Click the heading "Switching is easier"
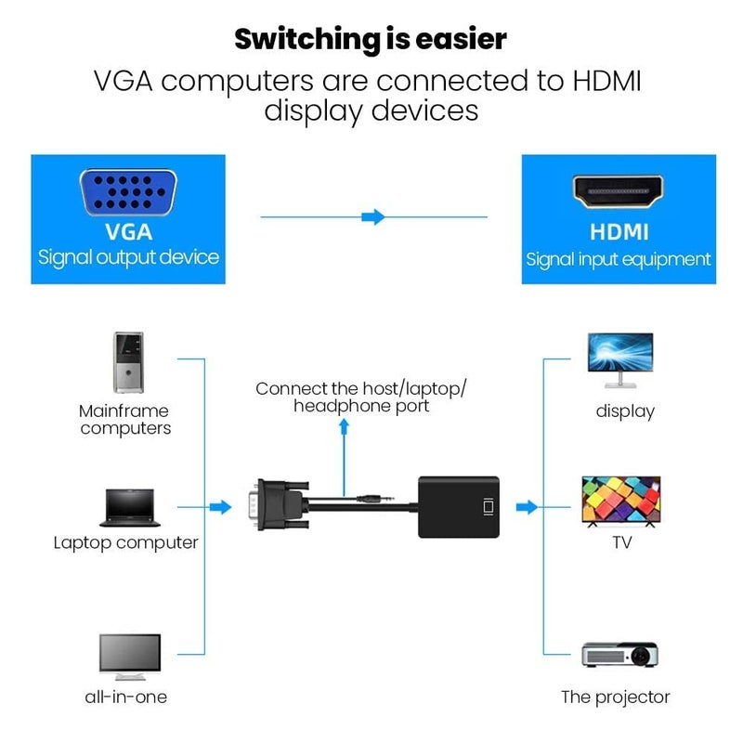(371, 39)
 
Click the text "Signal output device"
(128, 257)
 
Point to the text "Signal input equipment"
(619, 259)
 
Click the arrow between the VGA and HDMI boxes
(372, 217)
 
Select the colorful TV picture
(620, 502)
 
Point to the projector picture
(619, 655)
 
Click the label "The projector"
(615, 697)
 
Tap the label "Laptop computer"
(125, 542)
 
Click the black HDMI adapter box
(458, 507)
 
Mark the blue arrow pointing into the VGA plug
(220, 507)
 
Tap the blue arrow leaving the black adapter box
(527, 507)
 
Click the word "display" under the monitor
(625, 411)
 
